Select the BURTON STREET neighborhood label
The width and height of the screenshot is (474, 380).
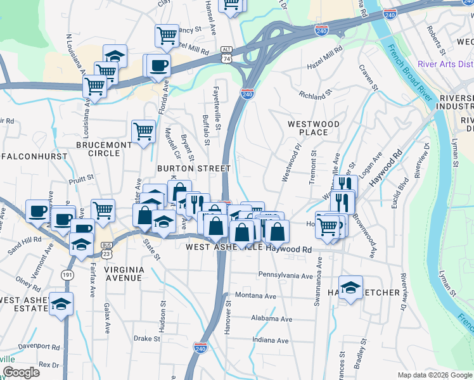[x=193, y=168]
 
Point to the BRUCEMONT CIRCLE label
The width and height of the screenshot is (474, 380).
[x=103, y=149]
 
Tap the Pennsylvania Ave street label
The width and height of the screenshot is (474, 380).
[x=285, y=275]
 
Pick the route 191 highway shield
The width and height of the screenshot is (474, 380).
[x=67, y=274]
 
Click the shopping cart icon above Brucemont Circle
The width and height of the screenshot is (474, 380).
[x=144, y=132]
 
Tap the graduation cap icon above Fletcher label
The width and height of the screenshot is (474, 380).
[x=350, y=288]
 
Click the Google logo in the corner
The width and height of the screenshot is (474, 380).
[x=21, y=372]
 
